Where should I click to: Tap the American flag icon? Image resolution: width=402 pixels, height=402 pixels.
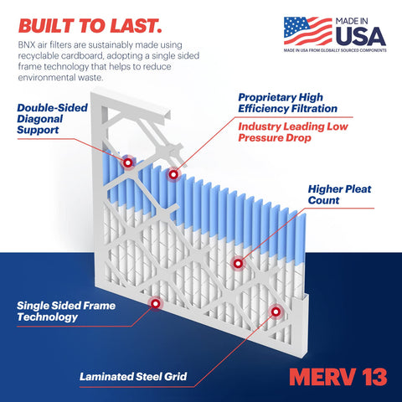coord(307,31)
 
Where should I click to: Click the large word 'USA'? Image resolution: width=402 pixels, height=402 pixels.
coord(360,37)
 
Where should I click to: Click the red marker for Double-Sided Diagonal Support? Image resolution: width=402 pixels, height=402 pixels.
coord(127,162)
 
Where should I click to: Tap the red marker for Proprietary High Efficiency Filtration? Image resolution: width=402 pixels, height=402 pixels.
coord(173,174)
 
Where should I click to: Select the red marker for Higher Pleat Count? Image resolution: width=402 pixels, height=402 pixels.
coord(238,263)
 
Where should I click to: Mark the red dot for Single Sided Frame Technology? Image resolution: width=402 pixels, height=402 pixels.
coord(153,302)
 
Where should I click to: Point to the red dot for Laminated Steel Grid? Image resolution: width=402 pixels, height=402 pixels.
coord(275,311)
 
